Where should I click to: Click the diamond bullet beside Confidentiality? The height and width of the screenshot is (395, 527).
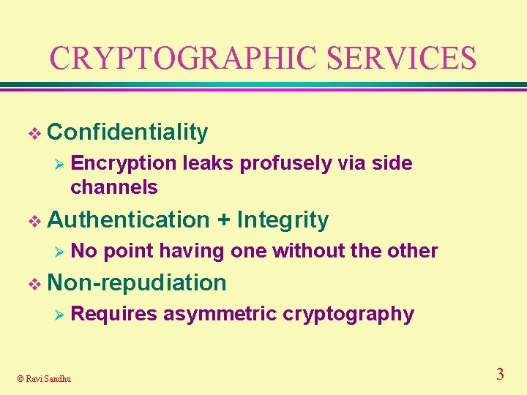click(31, 133)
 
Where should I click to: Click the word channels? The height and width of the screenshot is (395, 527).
click(113, 187)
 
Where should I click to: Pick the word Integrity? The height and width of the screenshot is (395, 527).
click(283, 219)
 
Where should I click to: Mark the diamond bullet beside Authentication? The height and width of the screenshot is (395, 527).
click(31, 220)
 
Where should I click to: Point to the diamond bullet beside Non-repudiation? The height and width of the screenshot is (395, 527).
click(31, 283)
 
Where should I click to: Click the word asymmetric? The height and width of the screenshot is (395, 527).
click(220, 315)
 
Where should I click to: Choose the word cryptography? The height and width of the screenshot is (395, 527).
click(348, 315)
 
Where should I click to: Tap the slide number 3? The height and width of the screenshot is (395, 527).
click(500, 375)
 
